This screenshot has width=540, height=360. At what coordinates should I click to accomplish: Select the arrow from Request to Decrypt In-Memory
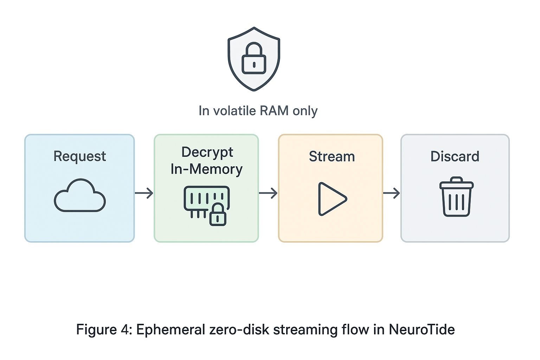(x=144, y=193)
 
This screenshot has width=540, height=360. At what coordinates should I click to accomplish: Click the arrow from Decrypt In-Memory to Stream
(x=268, y=193)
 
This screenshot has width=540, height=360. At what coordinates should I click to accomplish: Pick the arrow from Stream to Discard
(x=391, y=193)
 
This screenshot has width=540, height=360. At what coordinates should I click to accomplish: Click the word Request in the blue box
(x=79, y=156)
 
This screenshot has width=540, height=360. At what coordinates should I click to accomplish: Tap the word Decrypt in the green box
(x=207, y=152)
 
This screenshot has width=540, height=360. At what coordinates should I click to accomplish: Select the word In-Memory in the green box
(x=206, y=169)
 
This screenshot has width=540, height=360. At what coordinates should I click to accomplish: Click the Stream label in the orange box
(x=332, y=156)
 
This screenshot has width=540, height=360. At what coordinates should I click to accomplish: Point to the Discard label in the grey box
(x=455, y=156)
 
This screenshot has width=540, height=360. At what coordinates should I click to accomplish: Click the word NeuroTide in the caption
(x=422, y=330)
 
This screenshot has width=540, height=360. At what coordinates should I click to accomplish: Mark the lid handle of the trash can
(x=456, y=179)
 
